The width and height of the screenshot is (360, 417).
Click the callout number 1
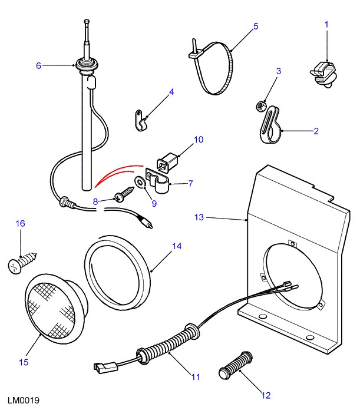(x=327, y=24)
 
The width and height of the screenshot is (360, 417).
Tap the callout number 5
(x=256, y=26)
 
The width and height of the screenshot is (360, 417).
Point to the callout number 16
(x=21, y=223)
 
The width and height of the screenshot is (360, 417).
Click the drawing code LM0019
(x=24, y=401)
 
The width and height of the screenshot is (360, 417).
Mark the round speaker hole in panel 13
(x=292, y=277)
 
